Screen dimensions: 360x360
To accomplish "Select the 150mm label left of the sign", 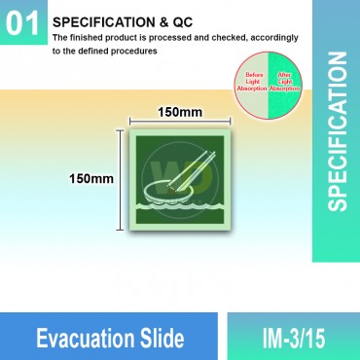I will pyautogui.click(x=91, y=179).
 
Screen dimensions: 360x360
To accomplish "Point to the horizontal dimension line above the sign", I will pyautogui.click(x=180, y=124).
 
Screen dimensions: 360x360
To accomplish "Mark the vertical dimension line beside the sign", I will pyautogui.click(x=121, y=180).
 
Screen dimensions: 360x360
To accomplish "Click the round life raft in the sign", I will pyautogui.click(x=169, y=188).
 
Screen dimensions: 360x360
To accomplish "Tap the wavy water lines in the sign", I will pyautogui.click(x=180, y=208).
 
